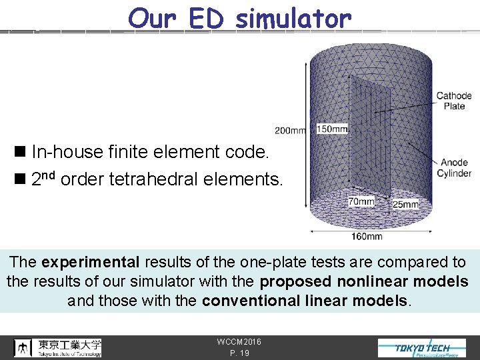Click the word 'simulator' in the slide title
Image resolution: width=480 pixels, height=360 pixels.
293,19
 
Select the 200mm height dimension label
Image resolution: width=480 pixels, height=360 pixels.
290,130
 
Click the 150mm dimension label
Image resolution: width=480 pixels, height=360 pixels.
331,129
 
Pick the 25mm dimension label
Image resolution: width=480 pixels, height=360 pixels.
406,204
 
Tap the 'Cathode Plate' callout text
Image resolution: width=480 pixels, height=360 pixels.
454,101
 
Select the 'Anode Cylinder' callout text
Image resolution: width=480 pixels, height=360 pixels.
454,167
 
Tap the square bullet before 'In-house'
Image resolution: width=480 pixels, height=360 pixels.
23,153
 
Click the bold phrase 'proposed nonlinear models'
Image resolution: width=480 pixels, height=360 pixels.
364,281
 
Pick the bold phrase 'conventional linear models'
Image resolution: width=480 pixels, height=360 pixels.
304,301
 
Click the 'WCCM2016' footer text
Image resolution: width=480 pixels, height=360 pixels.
239,342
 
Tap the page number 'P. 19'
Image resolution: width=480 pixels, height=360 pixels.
238,353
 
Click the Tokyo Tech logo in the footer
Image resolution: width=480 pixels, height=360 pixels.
422,348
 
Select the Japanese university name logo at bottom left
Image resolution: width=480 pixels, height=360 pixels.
59,347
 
